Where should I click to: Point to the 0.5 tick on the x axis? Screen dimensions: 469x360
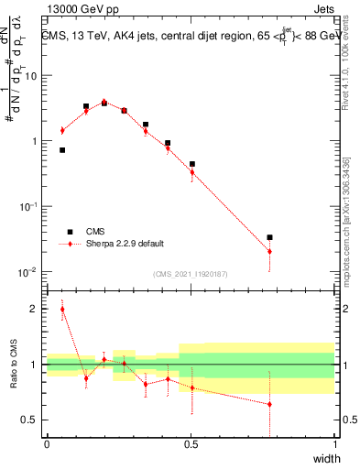pyautogui.click(x=191, y=444)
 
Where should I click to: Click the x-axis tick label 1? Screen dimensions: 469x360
pyautogui.click(x=335, y=444)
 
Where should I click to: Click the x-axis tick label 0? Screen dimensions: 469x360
pyautogui.click(x=47, y=444)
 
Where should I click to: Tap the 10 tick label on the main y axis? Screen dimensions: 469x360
pyautogui.click(x=29, y=75)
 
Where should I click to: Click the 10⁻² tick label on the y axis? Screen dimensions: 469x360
pyautogui.click(x=27, y=272)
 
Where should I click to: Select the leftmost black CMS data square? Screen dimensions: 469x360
pyautogui.click(x=62, y=149)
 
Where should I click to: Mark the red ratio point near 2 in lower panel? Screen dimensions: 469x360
pyautogui.click(x=62, y=310)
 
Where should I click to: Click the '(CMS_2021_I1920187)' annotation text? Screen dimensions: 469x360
pyautogui.click(x=191, y=273)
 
